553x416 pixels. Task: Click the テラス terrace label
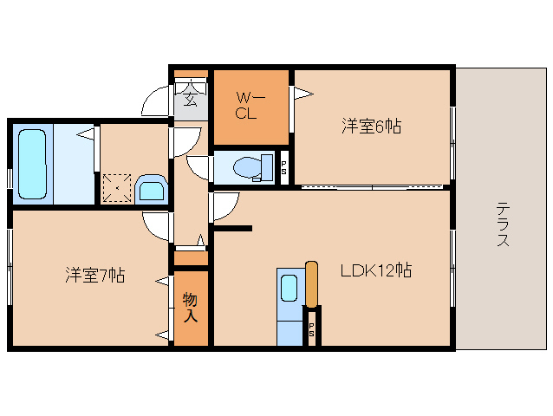click(503, 224)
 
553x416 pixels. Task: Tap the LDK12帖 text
click(374, 270)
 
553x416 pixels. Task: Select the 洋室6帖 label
click(370, 127)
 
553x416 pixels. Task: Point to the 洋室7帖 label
click(94, 276)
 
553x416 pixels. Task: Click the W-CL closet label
click(246, 106)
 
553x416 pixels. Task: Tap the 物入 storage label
click(190, 308)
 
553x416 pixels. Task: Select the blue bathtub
click(31, 165)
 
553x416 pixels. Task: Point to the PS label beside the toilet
click(283, 168)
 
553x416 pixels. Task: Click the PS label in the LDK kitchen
click(311, 329)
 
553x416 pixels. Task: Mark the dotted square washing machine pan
click(116, 187)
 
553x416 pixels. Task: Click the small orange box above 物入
click(191, 258)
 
